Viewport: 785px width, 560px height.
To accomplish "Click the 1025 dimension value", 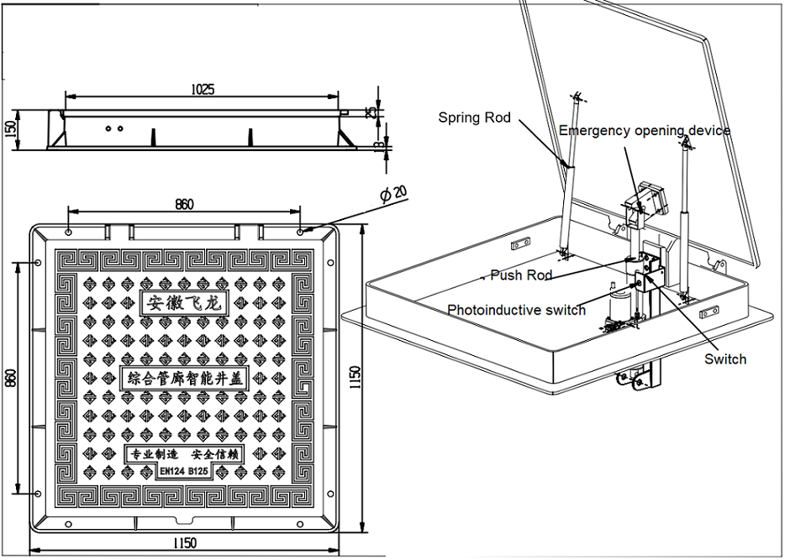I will point(202,88).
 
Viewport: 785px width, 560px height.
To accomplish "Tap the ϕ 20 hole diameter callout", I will point(393,196).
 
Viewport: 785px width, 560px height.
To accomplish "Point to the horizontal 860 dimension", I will point(184,204).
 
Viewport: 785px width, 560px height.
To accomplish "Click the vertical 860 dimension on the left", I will point(11,379).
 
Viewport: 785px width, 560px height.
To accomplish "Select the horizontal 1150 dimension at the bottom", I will point(184,543).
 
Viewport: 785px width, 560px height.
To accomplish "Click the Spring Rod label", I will point(474,118).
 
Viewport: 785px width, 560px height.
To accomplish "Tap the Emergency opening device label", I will point(645,131).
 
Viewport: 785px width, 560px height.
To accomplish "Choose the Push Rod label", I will point(521,275).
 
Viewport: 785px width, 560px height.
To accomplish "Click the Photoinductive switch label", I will point(516,311).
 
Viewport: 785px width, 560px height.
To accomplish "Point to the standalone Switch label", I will point(725,359).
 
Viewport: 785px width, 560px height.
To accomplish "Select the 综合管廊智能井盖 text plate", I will point(184,379).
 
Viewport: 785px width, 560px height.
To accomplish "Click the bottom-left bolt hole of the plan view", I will point(39,493).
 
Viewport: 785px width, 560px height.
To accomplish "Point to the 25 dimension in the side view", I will point(371,111).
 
